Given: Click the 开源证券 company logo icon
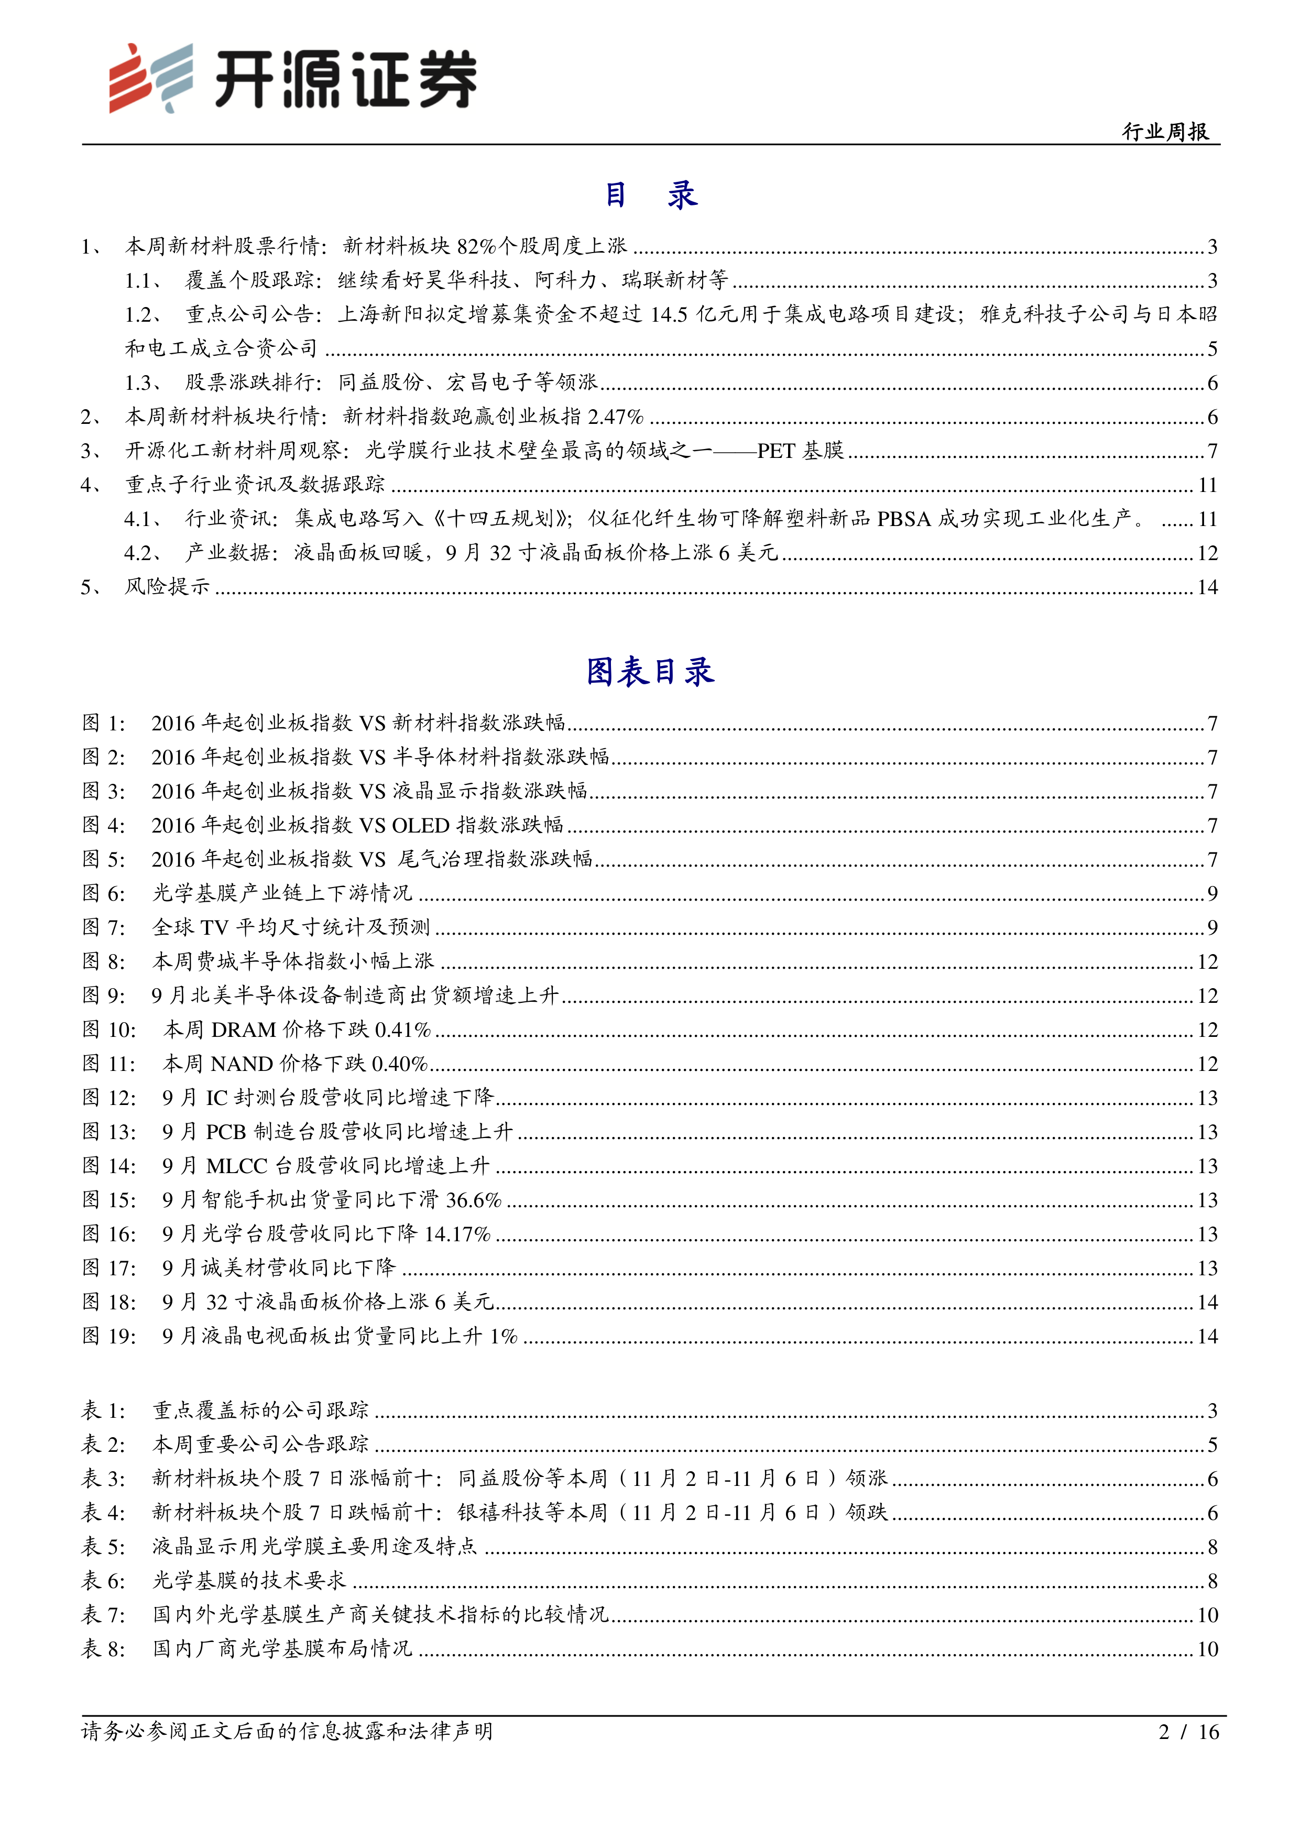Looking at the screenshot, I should pos(150,78).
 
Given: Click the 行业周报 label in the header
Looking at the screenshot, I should pos(1165,132).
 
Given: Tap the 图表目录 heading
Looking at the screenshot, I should pos(650,672).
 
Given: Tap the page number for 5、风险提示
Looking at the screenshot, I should pos(1207,587).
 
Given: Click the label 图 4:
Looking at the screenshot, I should pos(103,825).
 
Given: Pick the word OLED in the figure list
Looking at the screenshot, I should pos(420,825).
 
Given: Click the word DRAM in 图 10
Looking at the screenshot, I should pos(243,1030).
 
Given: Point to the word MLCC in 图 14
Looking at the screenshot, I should pos(237,1166).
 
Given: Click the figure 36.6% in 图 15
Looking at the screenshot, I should pos(474,1200).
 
